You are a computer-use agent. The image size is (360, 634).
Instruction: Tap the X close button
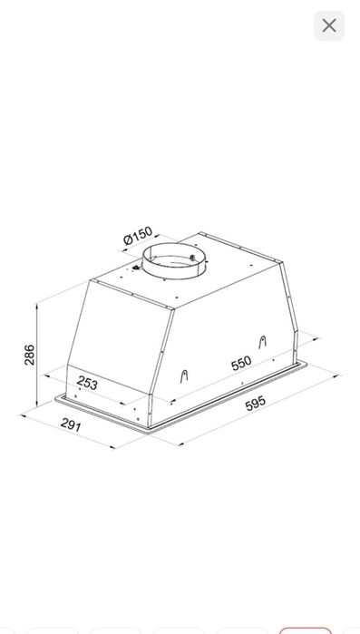[329, 25]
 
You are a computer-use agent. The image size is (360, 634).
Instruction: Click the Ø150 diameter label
[138, 236]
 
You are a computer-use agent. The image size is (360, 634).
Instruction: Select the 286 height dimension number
[30, 355]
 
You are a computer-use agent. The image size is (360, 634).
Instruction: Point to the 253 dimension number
[87, 383]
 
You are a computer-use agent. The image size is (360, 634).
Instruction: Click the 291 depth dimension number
[71, 425]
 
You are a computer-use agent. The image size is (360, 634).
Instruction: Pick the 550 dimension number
[241, 363]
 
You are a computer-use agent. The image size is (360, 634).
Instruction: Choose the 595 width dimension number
[256, 403]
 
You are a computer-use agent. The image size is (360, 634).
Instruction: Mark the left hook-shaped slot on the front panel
[184, 376]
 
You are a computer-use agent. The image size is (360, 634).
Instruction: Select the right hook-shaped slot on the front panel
[263, 342]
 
